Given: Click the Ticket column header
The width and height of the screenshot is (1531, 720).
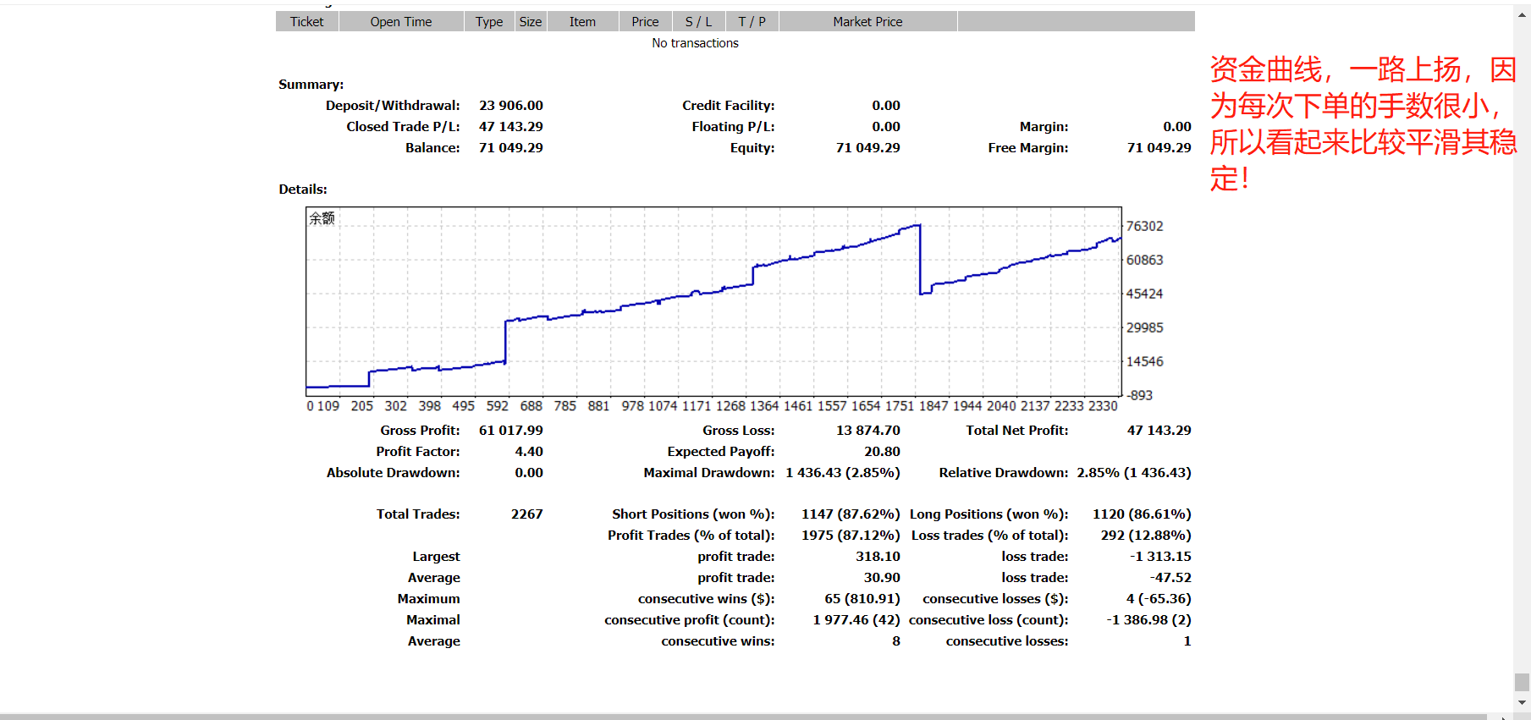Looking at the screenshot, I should [306, 22].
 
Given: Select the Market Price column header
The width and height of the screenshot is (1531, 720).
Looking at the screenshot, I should [867, 22].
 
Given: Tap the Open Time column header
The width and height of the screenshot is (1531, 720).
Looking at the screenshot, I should [400, 22].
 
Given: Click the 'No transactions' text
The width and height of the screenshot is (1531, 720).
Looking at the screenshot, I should [695, 43].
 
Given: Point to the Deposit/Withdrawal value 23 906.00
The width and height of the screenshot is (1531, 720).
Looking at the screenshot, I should [510, 106].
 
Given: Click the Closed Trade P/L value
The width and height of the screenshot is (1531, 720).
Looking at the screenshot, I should [510, 127].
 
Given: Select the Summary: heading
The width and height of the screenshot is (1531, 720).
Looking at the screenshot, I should [311, 85].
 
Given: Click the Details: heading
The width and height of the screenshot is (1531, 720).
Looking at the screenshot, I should [302, 190].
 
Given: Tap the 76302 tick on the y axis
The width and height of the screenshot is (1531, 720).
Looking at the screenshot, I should [1144, 227].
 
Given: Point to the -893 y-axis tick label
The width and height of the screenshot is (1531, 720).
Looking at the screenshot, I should [1139, 395].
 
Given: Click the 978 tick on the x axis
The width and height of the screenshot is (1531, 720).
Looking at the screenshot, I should [632, 406].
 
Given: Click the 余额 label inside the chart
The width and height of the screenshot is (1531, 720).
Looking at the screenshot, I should [322, 218].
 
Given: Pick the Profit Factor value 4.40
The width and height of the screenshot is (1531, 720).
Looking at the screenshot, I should [529, 452].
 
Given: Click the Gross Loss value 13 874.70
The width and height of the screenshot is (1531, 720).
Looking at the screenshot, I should [867, 431].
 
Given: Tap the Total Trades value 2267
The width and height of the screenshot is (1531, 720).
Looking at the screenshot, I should [526, 514].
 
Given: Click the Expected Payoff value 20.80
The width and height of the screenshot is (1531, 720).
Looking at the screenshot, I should [882, 452].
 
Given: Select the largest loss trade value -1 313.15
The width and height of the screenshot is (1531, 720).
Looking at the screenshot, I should [1160, 557].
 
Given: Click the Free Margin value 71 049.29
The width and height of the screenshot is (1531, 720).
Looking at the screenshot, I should [1159, 148].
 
